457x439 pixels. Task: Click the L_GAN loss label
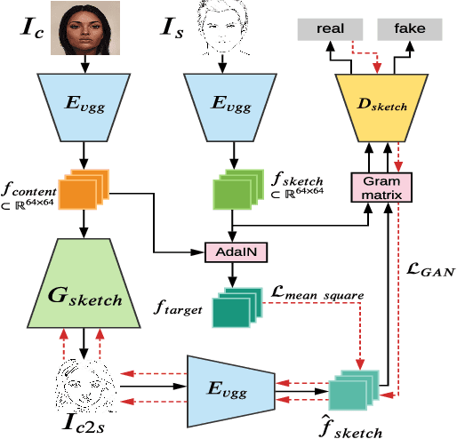click(426, 267)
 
